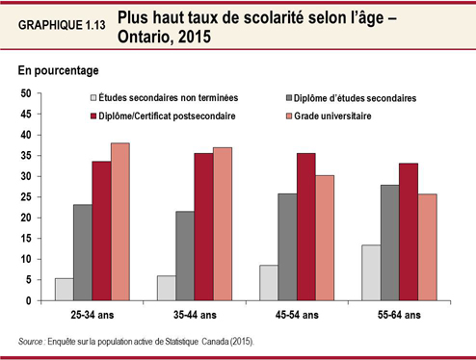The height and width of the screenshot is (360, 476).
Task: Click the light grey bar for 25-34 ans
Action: (x=63, y=290)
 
